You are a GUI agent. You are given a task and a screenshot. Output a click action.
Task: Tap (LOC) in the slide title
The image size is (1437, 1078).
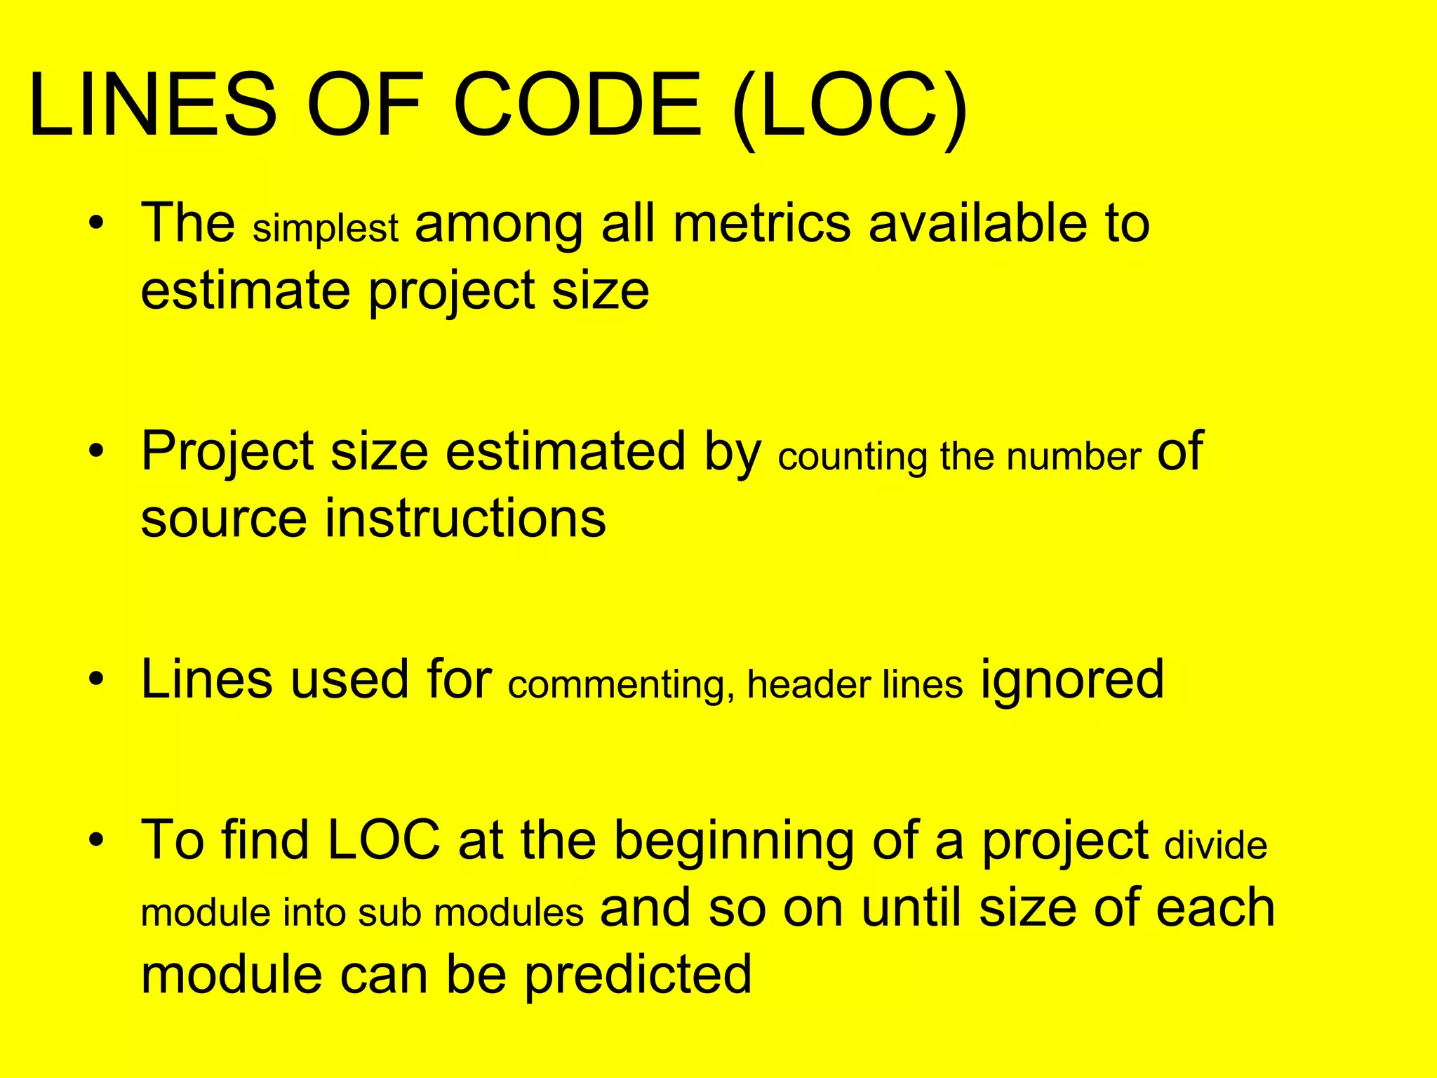pos(850,107)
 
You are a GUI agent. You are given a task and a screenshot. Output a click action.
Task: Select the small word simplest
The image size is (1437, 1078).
pos(326,229)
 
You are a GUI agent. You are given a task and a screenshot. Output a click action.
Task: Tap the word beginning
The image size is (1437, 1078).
pos(734,842)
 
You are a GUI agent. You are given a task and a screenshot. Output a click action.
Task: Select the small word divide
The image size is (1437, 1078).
pos(1216,845)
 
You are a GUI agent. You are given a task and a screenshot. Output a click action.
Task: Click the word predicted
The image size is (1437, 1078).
pos(638,976)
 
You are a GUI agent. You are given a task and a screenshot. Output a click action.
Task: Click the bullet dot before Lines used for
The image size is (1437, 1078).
pos(97,679)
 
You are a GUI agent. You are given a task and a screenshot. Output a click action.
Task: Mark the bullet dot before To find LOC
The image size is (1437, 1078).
pos(97,839)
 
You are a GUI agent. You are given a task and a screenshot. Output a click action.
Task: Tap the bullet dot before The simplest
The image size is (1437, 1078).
pos(97,223)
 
